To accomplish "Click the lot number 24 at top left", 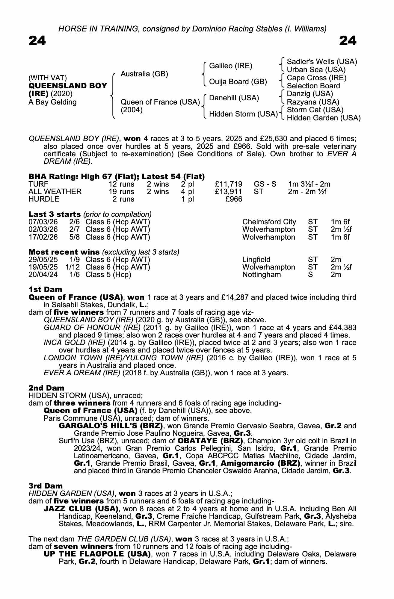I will pyautogui.click(x=37, y=41).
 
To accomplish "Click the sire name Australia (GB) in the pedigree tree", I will pyautogui.click(x=144, y=74).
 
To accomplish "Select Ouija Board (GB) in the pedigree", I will pyautogui.click(x=238, y=82).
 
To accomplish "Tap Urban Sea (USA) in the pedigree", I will pyautogui.click(x=316, y=70).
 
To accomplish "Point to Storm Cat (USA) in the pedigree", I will pyautogui.click(x=315, y=110).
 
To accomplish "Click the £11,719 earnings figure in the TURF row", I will pyautogui.click(x=229, y=184).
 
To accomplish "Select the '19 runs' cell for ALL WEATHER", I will pyautogui.click(x=121, y=191).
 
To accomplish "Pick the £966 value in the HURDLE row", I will pyautogui.click(x=234, y=199).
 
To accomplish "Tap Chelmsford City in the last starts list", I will pyautogui.click(x=269, y=222).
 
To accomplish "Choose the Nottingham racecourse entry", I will pyautogui.click(x=262, y=274).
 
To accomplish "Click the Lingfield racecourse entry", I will pyautogui.click(x=256, y=259).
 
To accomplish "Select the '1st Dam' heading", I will pyautogui.click(x=45, y=289).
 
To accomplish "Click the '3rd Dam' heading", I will pyautogui.click(x=46, y=485).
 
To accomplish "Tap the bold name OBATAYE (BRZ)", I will pyautogui.click(x=210, y=441).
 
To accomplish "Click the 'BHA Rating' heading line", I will pyautogui.click(x=117, y=176).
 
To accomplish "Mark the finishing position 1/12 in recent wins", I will pyautogui.click(x=73, y=267).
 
